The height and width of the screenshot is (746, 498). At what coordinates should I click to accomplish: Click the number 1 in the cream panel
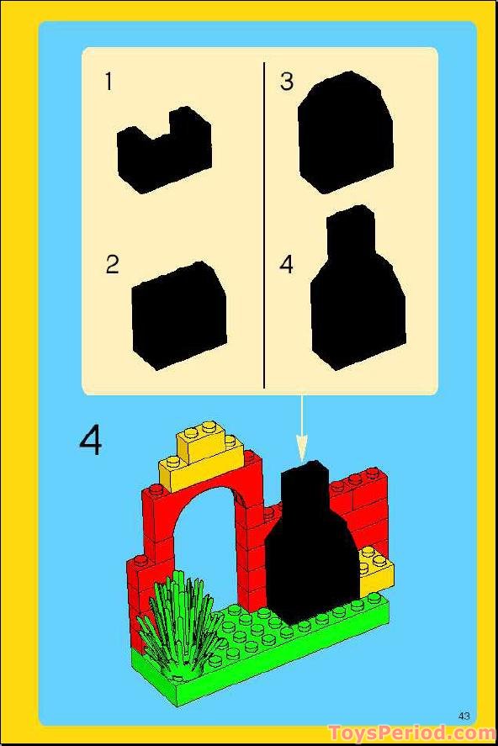108,82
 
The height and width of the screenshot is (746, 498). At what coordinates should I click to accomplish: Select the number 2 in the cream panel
112,264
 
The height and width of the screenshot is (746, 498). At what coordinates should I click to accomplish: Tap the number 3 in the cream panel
287,82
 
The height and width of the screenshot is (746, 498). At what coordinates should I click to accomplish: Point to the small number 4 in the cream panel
287,264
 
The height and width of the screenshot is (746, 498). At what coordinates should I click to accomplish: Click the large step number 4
90,440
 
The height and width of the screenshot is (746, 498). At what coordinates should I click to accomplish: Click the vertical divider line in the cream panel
264,223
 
